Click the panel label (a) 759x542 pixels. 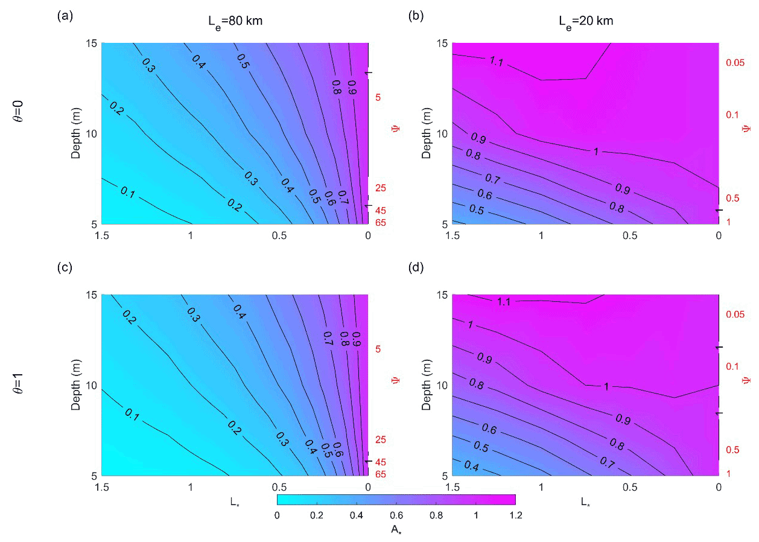point(65,16)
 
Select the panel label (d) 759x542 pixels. point(416,267)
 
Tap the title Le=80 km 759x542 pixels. point(232,22)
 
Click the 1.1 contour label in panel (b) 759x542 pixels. point(497,61)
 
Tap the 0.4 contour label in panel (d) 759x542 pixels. point(473,467)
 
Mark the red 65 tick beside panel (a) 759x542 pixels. point(380,223)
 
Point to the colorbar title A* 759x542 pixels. point(396,529)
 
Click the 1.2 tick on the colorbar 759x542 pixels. point(515,515)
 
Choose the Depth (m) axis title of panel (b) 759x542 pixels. point(427,133)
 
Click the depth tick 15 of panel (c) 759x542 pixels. point(93,295)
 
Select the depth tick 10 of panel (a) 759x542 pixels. point(93,133)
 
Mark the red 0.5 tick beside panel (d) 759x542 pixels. point(733,450)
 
